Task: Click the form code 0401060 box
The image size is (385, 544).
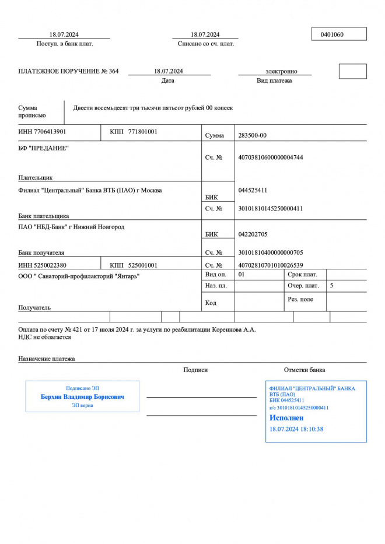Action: coord(338,34)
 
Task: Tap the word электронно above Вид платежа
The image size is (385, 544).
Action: coord(281,71)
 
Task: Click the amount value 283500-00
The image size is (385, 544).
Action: coord(253,135)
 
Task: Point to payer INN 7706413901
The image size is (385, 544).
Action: coord(42,132)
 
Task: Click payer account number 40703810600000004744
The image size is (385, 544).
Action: coord(271,157)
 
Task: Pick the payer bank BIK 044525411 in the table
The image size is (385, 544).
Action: coord(253,190)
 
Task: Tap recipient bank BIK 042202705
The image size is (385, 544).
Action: coord(253,234)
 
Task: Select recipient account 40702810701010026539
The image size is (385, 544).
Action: coord(271,265)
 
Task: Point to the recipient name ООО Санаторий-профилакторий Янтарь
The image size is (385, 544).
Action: coord(79,276)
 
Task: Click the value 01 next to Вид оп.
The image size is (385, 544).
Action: coord(242,274)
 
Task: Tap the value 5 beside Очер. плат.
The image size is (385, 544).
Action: coord(332,286)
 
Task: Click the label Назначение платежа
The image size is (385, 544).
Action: coord(47,359)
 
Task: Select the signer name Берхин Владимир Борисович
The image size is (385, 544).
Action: coord(82,397)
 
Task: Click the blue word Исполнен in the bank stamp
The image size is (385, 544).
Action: coord(286,418)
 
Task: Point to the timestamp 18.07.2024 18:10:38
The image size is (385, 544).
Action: coord(296,429)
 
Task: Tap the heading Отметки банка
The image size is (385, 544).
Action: coord(304,370)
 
